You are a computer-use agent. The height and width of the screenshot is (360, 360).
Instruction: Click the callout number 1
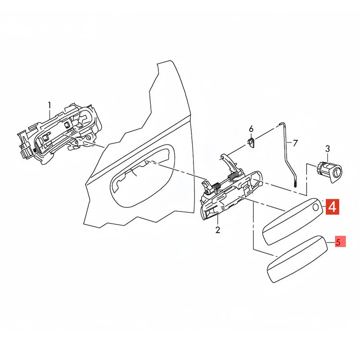49,106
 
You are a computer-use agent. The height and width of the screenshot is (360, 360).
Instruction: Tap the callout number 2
218,230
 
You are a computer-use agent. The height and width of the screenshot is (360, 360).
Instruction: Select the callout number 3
328,149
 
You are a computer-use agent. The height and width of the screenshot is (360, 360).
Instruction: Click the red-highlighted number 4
332,207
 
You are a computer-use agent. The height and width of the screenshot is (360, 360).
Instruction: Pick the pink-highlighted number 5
338,242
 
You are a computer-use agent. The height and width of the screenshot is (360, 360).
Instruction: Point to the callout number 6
251,129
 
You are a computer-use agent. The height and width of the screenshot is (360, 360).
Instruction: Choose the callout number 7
295,143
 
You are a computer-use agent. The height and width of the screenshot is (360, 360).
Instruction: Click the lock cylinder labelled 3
329,172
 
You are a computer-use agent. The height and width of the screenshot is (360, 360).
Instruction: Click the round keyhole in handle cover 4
316,207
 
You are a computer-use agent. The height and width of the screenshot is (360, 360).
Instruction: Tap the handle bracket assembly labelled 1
60,134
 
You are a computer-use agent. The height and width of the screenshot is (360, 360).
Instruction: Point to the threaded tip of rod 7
295,184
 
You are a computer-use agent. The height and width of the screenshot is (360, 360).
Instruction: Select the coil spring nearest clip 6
233,176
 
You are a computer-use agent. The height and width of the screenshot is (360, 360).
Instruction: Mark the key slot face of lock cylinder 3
337,173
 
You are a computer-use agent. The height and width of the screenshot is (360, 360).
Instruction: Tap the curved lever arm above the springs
229,162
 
